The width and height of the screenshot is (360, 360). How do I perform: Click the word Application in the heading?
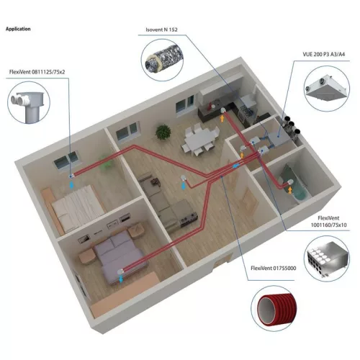(x=18, y=29)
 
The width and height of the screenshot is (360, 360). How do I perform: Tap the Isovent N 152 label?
(x=161, y=30)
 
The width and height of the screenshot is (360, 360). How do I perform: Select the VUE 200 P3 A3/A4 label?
(x=323, y=54)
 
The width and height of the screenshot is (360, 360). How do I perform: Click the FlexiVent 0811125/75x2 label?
(x=37, y=72)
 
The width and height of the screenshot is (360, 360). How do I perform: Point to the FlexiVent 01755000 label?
(x=274, y=268)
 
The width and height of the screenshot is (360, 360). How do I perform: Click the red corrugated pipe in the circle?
(x=276, y=308)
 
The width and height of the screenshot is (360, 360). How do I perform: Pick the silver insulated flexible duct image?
(x=164, y=60)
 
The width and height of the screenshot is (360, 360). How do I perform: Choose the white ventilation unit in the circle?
(x=327, y=88)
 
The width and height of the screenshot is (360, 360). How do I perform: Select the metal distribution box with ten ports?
(x=327, y=259)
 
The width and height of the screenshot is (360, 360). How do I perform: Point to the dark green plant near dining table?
(x=163, y=132)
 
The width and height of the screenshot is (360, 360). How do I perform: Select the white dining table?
(x=199, y=140)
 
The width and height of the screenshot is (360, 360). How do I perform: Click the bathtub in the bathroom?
(x=294, y=182)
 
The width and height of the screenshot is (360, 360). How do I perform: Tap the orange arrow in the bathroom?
(x=290, y=190)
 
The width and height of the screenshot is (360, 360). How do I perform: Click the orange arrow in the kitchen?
(x=222, y=118)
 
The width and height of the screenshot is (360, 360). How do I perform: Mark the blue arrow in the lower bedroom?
(x=121, y=279)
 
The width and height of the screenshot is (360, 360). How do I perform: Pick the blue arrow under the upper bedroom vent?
(x=71, y=185)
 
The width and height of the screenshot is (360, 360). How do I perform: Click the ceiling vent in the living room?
(x=184, y=178)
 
